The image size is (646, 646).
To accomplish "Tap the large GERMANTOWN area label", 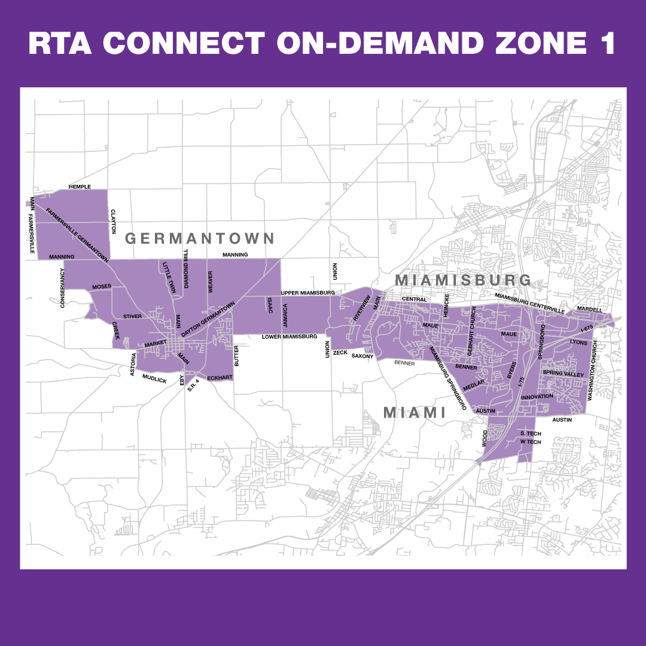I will coord(199,239).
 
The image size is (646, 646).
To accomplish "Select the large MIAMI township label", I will coord(415,413).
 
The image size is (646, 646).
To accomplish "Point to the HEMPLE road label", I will coord(80,187).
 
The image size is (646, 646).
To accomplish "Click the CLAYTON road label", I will coord(112,221).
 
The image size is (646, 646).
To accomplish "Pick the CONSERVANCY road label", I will coord(62,288).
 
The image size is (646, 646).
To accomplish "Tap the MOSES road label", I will coord(102,287).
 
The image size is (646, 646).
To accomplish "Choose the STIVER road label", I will coord(132,316).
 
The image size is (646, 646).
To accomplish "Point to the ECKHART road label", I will coord(220,378).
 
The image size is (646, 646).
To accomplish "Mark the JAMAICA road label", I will coord(285,316).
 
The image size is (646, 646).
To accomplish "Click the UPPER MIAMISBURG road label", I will coord(307,292).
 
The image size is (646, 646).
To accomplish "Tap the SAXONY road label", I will coord(362,356).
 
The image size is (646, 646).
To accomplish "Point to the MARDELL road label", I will coord(589,309).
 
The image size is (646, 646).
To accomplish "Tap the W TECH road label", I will coord(531,442).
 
